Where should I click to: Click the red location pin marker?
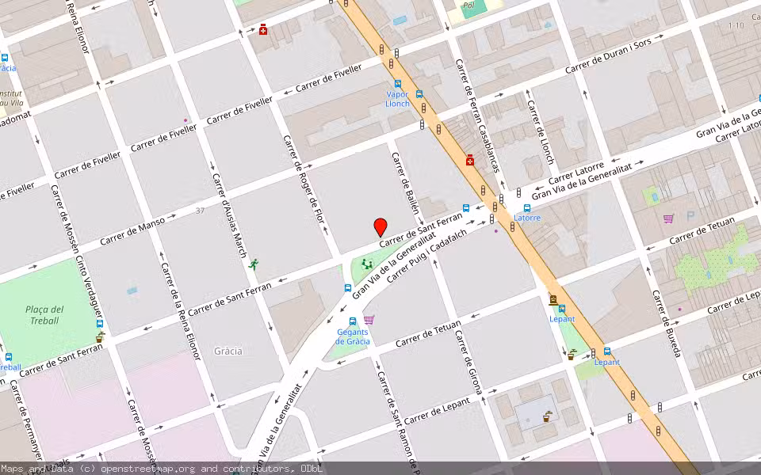coord(380,226)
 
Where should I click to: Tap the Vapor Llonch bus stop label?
coord(397,99)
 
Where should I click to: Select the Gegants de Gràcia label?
coord(353,336)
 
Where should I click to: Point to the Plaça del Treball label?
coord(45,314)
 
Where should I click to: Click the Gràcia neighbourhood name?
coord(228,351)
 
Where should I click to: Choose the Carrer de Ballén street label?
coord(405,183)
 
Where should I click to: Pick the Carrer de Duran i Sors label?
coord(608,57)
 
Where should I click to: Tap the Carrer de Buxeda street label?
coord(667,322)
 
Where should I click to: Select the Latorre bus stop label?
coord(527,218)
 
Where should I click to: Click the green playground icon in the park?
coord(366,264)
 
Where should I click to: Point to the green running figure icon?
coord(253,264)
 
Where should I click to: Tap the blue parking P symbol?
coord(690,215)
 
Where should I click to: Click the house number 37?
coord(200,211)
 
